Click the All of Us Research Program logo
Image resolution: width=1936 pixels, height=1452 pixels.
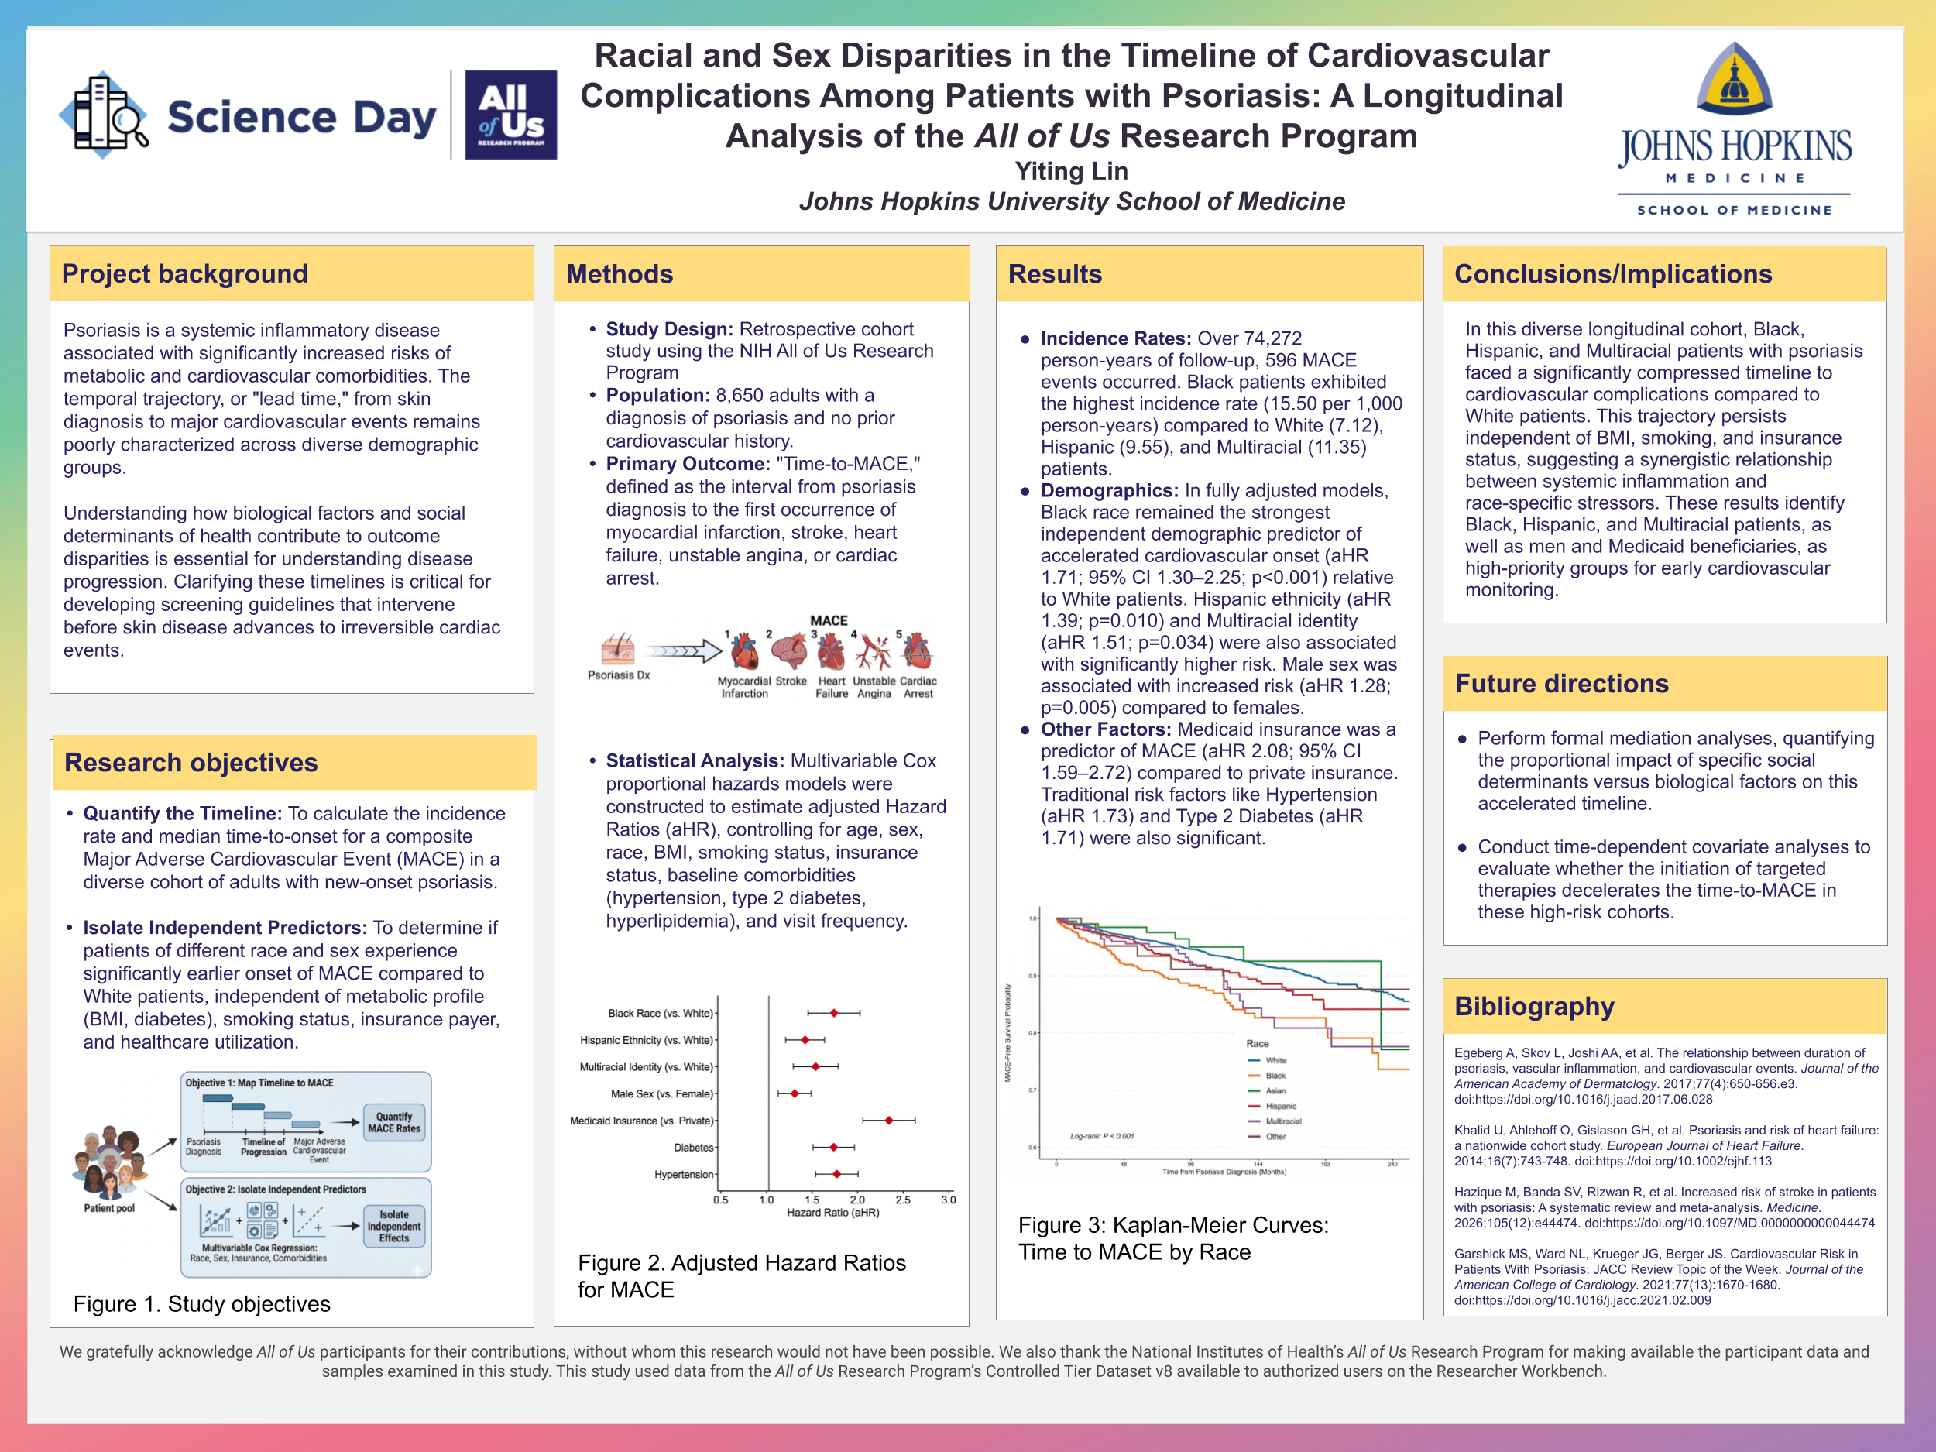[x=510, y=115]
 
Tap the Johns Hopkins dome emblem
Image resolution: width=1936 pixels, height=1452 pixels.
[x=1734, y=81]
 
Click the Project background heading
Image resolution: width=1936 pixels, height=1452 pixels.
[x=184, y=274]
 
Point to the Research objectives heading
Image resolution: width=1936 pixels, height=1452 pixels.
[x=191, y=762]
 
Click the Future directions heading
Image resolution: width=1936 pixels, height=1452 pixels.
[x=1560, y=684]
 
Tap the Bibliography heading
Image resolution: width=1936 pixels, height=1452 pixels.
[x=1533, y=1007]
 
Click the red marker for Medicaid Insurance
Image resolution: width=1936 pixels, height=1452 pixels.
[x=889, y=1121]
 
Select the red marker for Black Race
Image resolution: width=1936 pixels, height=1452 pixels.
[x=834, y=1013]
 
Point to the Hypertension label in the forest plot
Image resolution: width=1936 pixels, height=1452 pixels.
[x=684, y=1175]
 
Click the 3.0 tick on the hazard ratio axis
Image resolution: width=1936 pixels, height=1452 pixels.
[x=949, y=1200]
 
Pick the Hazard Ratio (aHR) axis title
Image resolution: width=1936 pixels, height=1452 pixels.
[x=832, y=1213]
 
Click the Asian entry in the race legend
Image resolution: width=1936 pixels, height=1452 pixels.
[x=1275, y=1090]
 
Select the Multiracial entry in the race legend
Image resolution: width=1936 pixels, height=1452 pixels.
[x=1282, y=1121]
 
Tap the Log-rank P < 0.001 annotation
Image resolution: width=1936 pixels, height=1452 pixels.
[x=1101, y=1136]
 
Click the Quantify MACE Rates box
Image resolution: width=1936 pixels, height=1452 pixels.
[x=394, y=1122]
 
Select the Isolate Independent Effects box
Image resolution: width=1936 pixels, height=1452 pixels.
[x=394, y=1226]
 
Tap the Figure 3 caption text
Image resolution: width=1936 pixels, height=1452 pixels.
[x=1172, y=1238]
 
